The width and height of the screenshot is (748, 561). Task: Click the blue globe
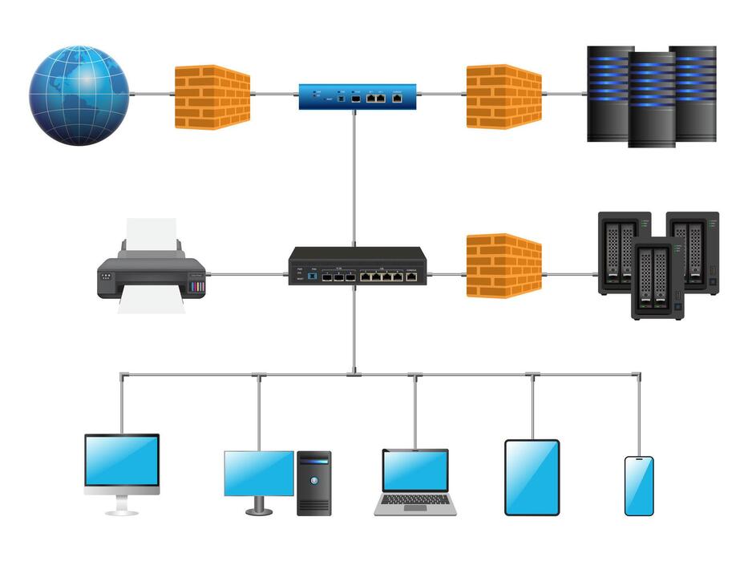79,95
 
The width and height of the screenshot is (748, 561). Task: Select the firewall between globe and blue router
212,97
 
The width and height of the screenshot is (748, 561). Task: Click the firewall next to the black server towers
504,97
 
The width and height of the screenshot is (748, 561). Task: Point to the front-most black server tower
651,100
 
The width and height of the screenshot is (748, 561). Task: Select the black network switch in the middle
358,267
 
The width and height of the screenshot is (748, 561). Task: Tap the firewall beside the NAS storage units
504,265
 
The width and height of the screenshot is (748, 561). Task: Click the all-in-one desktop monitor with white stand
122,462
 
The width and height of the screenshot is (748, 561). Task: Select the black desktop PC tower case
313,482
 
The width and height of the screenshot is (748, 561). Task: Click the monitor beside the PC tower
259,473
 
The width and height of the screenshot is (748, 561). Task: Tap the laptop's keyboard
415,503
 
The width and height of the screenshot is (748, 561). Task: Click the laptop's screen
415,470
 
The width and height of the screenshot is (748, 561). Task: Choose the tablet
532,477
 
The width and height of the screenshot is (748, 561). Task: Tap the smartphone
639,486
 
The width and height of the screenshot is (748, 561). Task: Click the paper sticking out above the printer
151,232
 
